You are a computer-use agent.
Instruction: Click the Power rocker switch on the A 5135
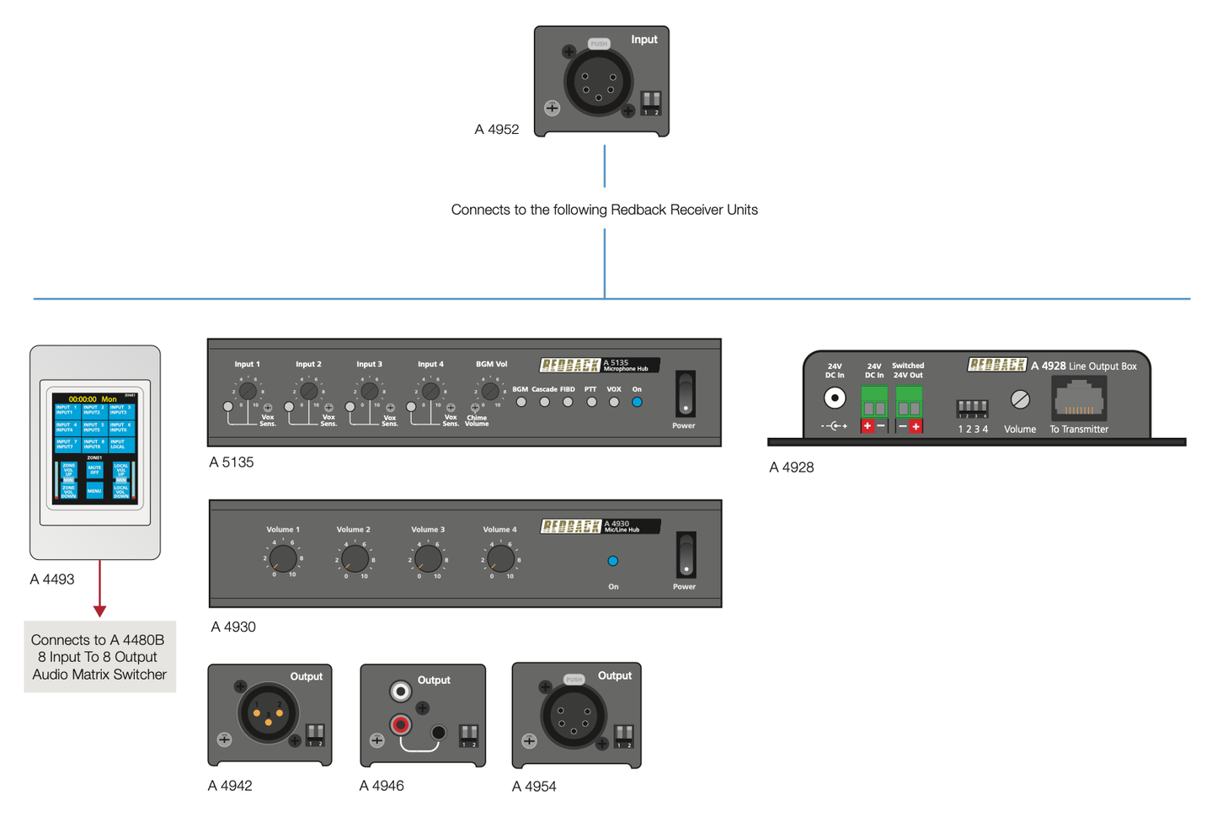point(686,393)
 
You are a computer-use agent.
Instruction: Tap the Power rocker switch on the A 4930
point(686,554)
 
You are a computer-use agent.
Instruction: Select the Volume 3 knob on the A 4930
point(428,558)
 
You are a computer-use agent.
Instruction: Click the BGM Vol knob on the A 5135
point(490,392)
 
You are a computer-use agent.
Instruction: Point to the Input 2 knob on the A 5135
point(308,392)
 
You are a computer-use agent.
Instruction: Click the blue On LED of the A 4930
point(613,561)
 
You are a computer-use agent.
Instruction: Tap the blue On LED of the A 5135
point(637,403)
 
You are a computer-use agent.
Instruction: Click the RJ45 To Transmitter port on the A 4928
point(1079,399)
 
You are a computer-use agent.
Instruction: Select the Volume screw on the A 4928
point(1020,399)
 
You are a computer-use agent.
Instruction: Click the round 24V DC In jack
point(834,398)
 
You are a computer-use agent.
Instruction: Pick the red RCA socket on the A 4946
point(401,724)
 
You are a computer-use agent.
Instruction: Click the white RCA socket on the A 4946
point(401,691)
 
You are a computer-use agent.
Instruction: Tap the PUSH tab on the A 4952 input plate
point(599,44)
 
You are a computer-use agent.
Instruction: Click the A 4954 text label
point(534,787)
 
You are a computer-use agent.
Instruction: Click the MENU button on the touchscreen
point(94,490)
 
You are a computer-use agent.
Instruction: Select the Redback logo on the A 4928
point(997,365)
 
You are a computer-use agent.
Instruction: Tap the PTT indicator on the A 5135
point(591,403)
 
